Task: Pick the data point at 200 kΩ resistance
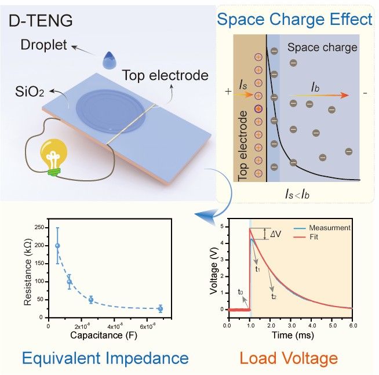click(x=57, y=246)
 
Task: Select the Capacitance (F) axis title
click(x=103, y=334)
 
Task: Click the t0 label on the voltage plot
click(x=240, y=292)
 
